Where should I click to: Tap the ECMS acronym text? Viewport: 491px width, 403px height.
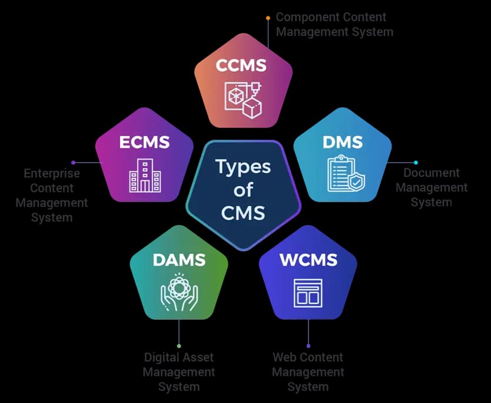point(144,142)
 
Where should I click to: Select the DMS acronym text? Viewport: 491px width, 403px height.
point(343,142)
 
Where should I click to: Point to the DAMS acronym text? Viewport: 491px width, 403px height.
point(179,259)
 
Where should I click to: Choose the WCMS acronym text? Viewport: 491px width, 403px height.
point(308,259)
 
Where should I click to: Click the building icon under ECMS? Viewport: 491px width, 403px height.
point(144,175)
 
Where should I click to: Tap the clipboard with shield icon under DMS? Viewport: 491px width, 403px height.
point(345,174)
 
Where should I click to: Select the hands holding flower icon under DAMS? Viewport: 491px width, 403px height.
point(179,292)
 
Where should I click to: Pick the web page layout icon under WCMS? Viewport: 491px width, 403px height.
point(308,292)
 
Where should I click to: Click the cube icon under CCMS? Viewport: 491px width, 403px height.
point(242,100)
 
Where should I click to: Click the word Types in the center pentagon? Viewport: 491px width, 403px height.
point(243,167)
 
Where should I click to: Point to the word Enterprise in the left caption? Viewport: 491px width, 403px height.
point(52,174)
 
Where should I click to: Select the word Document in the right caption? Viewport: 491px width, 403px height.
point(431,173)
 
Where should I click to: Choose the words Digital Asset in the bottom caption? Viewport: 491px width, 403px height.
point(179,357)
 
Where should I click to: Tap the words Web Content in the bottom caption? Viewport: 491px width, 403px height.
point(308,357)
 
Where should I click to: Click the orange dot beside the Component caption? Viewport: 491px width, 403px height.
point(268,18)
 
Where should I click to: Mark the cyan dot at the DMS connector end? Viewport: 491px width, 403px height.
point(416,163)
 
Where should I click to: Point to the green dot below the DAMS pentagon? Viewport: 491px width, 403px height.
point(179,346)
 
